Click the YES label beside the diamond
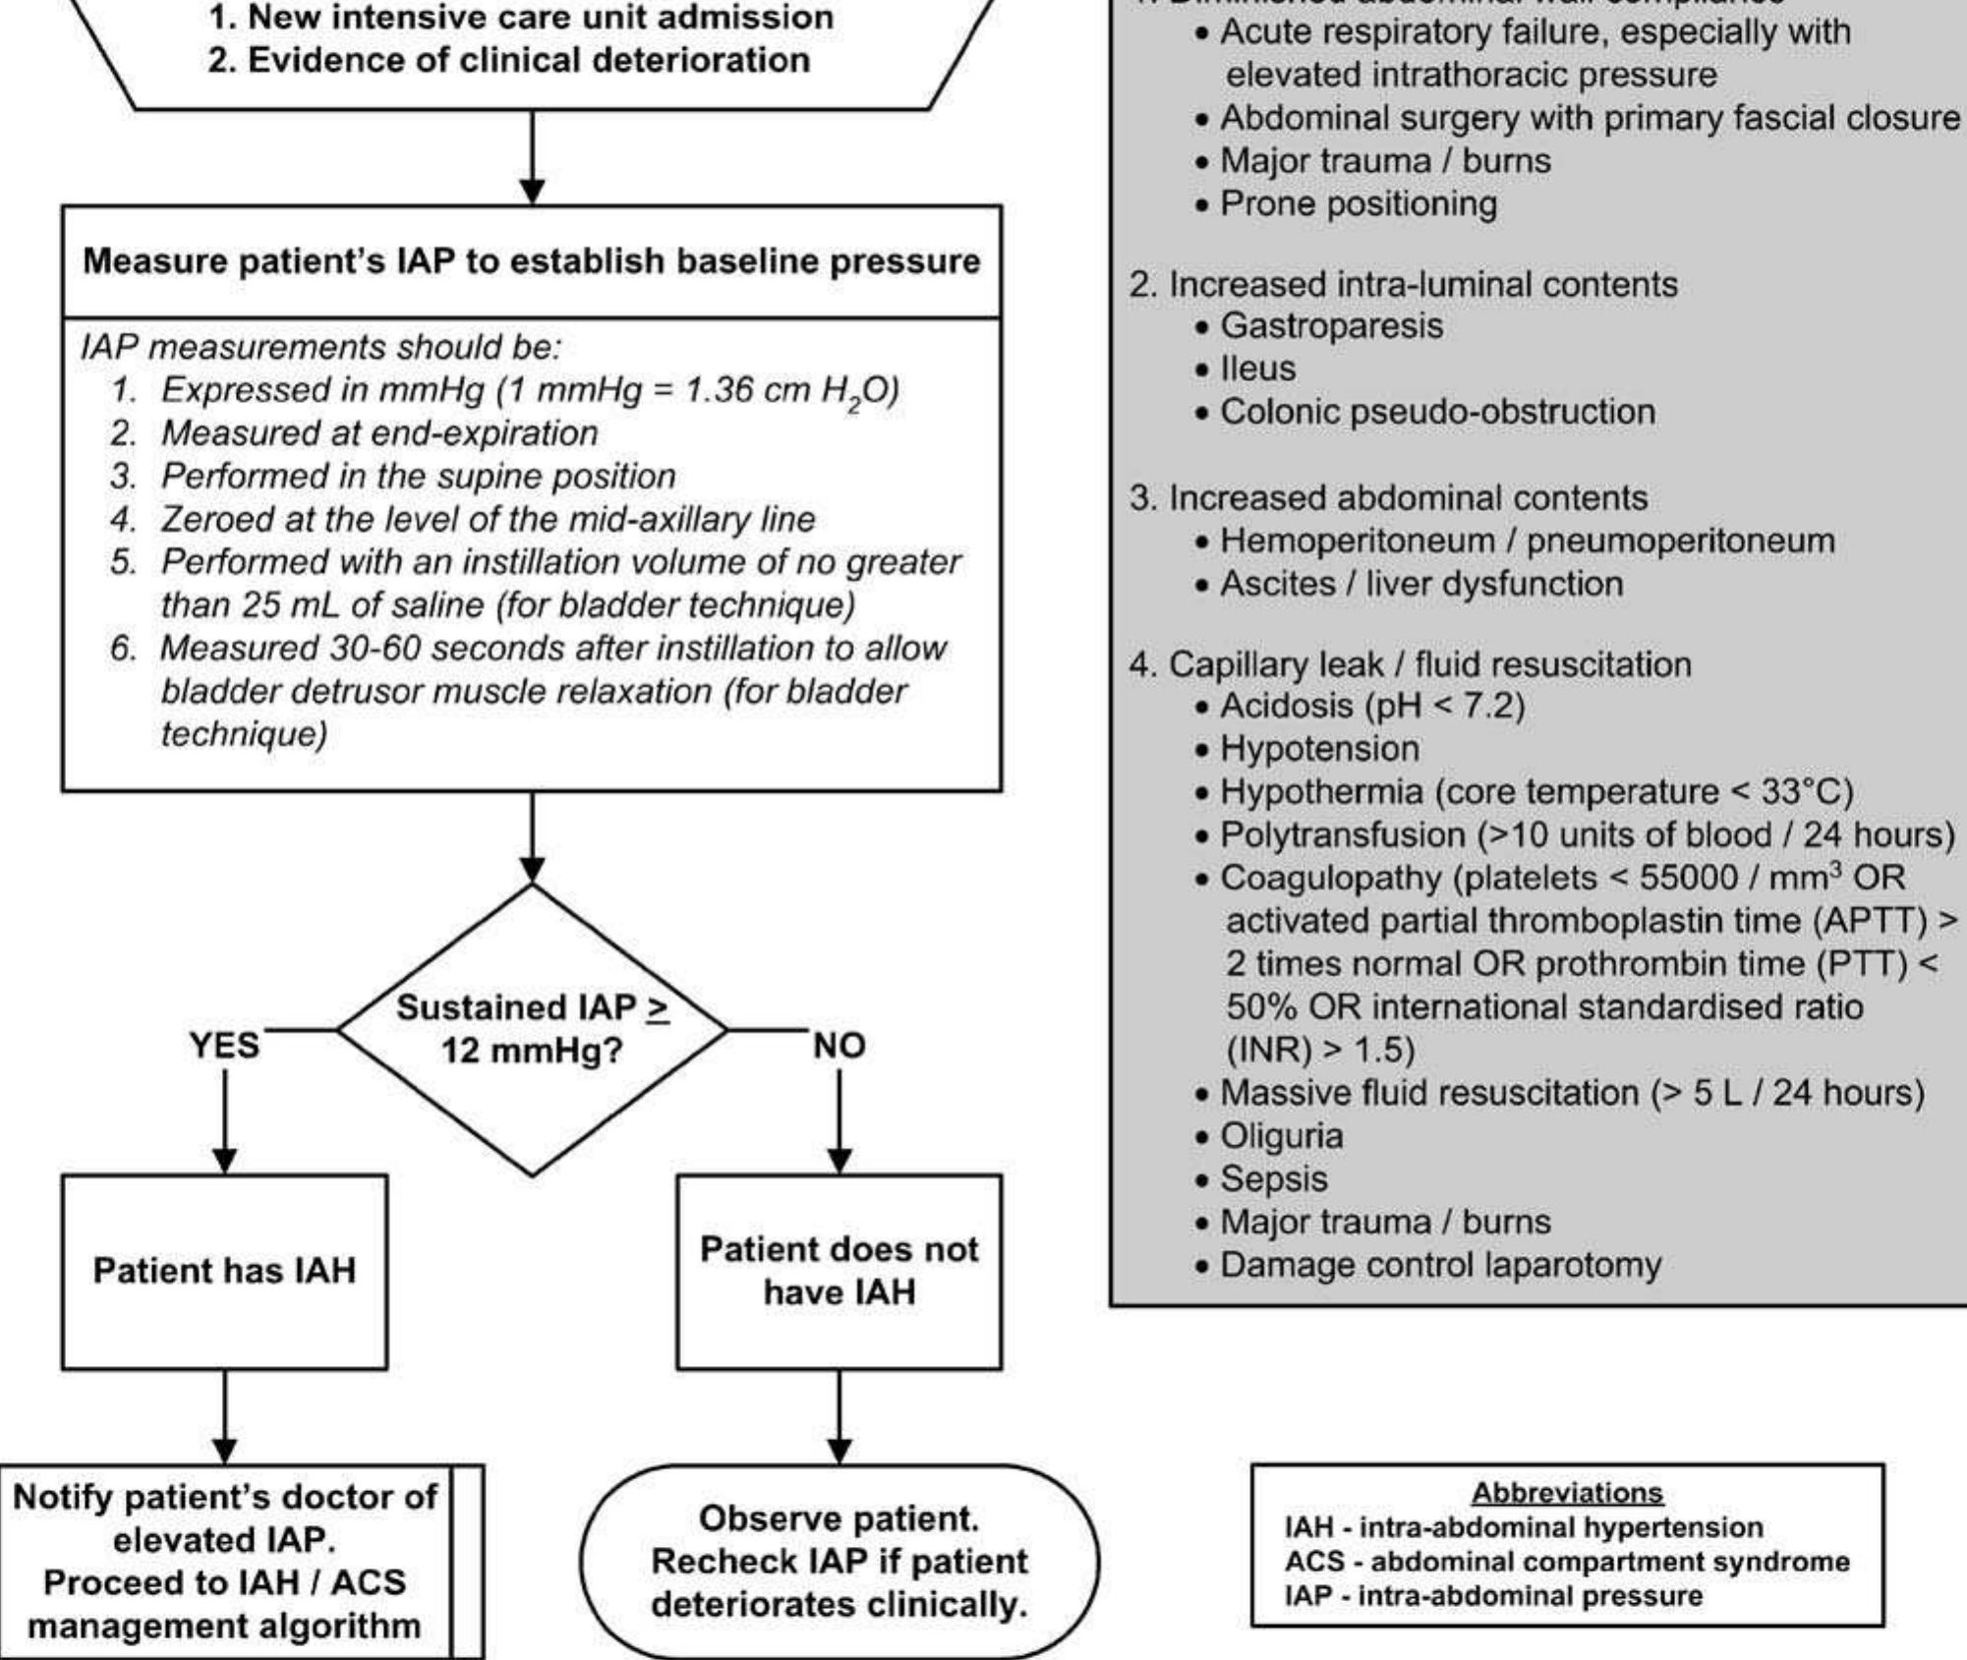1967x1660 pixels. pos(224,1045)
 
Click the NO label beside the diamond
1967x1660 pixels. pos(839,1046)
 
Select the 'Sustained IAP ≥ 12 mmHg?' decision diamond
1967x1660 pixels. pos(532,1029)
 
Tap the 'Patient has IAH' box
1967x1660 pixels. pos(224,1271)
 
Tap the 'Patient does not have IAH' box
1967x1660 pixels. pos(839,1271)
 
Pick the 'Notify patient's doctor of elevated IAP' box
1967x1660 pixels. pos(224,1561)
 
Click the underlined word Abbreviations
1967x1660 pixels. pos(1567,1493)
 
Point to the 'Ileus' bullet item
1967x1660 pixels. pos(1258,369)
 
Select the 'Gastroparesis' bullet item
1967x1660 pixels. pos(1331,325)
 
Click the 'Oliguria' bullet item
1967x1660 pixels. pos(1281,1136)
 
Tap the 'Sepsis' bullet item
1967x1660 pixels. pos(1273,1178)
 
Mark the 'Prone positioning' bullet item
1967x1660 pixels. pos(1358,203)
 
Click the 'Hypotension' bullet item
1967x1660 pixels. pos(1319,749)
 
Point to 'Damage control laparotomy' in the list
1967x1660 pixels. pos(1440,1265)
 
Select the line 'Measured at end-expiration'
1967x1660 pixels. pos(378,433)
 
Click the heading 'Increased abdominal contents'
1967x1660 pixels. pos(1407,498)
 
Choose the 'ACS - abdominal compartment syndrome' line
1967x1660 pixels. pos(1567,1562)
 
